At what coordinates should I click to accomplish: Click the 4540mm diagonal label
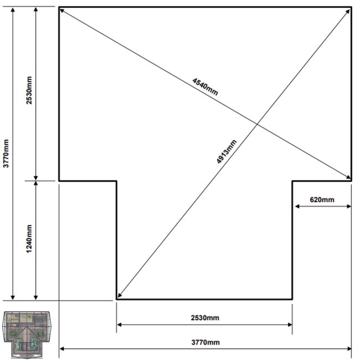[x=205, y=86]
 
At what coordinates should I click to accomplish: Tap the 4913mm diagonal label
[x=227, y=152]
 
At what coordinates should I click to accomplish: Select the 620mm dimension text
[x=322, y=200]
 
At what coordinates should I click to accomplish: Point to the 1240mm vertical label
[x=29, y=239]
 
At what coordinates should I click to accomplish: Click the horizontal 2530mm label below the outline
[x=205, y=318]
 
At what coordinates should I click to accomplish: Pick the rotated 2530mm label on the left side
[x=29, y=90]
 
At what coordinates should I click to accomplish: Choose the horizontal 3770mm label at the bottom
[x=205, y=342]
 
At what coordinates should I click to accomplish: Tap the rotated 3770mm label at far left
[x=6, y=153]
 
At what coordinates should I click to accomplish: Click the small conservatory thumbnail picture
[x=27, y=335]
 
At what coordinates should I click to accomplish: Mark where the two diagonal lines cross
[x=257, y=124]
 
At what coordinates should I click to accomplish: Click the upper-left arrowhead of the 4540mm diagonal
[x=61, y=11]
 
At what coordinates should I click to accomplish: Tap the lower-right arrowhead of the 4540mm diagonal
[x=348, y=177]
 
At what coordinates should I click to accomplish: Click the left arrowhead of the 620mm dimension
[x=297, y=207]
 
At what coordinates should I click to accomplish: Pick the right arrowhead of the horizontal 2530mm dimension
[x=290, y=325]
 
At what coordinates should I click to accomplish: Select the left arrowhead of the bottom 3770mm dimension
[x=62, y=349]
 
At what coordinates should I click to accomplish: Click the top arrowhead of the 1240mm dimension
[x=35, y=183]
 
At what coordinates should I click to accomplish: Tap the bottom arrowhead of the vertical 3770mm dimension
[x=13, y=297]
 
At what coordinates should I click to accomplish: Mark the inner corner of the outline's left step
[x=116, y=181]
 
